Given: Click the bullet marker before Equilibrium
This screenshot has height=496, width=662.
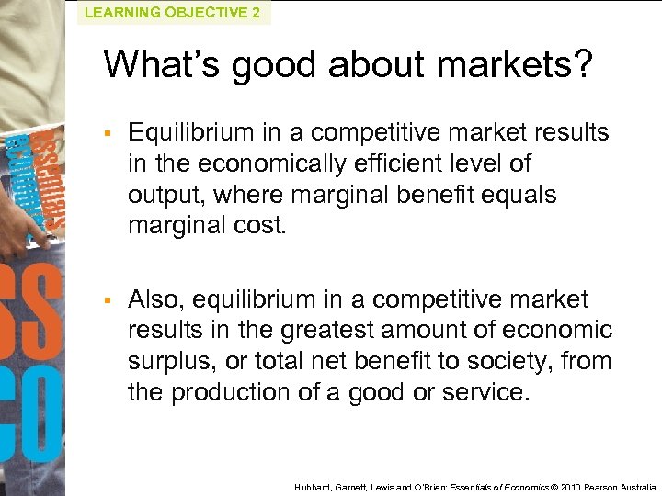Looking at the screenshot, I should coord(108,133).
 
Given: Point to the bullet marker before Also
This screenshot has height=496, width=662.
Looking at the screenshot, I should coord(108,300).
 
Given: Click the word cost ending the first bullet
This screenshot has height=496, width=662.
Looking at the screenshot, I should coord(258,226).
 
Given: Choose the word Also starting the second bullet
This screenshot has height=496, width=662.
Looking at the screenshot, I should coord(154,299).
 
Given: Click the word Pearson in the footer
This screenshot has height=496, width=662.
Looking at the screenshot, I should coord(597,486).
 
